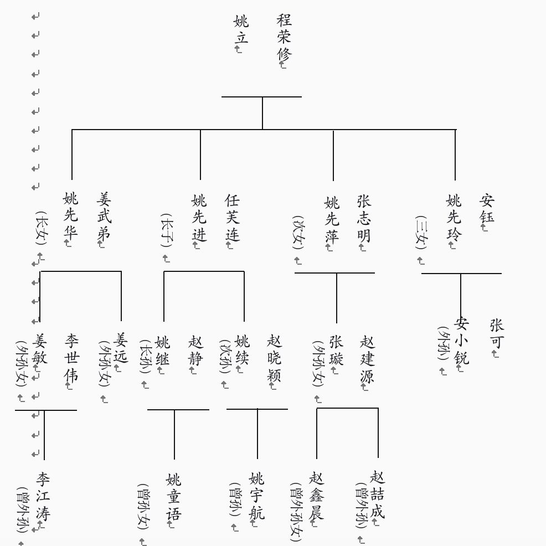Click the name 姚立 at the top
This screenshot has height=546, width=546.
[x=241, y=29]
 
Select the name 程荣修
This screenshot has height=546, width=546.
[x=284, y=37]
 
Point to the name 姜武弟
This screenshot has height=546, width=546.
[x=104, y=215]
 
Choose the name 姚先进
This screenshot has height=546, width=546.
[x=199, y=217]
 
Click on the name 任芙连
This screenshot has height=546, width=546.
[x=232, y=217]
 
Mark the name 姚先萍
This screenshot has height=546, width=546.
[x=331, y=219]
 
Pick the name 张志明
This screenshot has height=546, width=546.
[x=364, y=218]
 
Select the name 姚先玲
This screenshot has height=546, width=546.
[x=454, y=217]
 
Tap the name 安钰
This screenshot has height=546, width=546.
[x=487, y=208]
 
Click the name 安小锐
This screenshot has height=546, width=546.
[x=461, y=341]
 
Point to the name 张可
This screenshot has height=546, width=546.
[x=497, y=333]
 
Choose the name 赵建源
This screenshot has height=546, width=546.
[x=367, y=359]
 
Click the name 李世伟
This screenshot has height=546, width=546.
[x=72, y=358]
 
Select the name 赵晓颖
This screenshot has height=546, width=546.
[x=274, y=358]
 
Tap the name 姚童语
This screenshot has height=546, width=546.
[x=173, y=496]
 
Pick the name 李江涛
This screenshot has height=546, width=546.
[x=43, y=496]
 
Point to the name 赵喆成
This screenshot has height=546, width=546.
[x=377, y=494]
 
